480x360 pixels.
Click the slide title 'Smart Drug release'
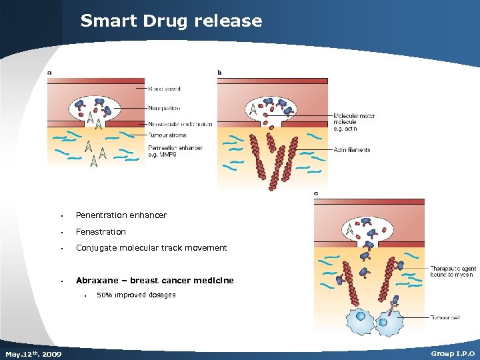(x=171, y=21)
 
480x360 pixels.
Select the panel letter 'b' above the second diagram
(x=221, y=73)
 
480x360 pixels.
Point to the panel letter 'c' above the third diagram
(x=316, y=194)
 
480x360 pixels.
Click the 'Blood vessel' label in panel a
(x=164, y=89)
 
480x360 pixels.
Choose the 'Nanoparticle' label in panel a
(x=165, y=108)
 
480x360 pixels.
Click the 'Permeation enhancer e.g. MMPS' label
(x=175, y=151)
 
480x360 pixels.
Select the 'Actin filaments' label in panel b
(x=352, y=150)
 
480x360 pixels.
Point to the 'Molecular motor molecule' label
(x=354, y=122)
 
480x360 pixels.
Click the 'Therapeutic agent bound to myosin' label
(x=451, y=271)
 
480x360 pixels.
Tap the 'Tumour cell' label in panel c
(x=445, y=317)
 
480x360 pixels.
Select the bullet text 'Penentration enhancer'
(x=121, y=215)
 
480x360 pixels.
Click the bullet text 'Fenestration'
(x=101, y=232)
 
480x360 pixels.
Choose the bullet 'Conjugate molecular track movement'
(x=151, y=248)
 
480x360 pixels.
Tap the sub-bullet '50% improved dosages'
(x=136, y=295)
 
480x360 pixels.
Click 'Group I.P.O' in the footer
(x=453, y=353)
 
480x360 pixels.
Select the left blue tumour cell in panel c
(x=361, y=319)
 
